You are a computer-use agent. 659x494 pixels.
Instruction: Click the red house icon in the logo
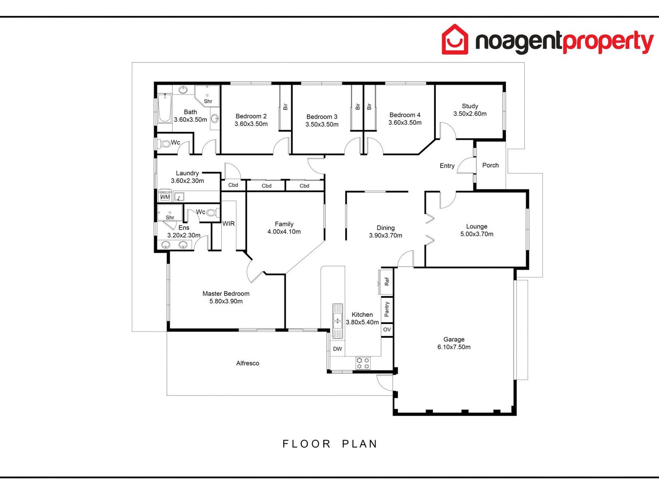455,40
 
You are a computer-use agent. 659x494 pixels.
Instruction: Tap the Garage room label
454,340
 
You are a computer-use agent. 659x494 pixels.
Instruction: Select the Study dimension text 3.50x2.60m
470,114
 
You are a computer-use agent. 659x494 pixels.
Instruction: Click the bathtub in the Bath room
165,108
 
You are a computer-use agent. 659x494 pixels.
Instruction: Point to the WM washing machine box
165,197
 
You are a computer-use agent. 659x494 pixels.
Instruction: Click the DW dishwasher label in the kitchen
337,349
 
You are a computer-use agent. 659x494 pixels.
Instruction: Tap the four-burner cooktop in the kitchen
363,363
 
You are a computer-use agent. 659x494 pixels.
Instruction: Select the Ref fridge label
386,282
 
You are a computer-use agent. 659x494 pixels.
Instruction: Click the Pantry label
386,309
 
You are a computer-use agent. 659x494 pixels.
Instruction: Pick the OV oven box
387,330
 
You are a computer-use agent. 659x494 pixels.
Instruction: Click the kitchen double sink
337,321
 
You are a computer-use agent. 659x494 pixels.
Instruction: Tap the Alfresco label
248,364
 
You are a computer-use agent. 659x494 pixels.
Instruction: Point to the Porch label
490,165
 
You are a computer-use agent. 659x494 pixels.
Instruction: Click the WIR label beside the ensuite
229,224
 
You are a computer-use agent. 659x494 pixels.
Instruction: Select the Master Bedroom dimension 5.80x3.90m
226,301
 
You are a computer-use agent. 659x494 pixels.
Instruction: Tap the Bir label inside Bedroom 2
285,107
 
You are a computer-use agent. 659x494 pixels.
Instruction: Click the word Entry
447,166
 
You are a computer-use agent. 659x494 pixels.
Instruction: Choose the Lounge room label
477,226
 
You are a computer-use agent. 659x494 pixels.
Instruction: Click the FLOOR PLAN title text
330,444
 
